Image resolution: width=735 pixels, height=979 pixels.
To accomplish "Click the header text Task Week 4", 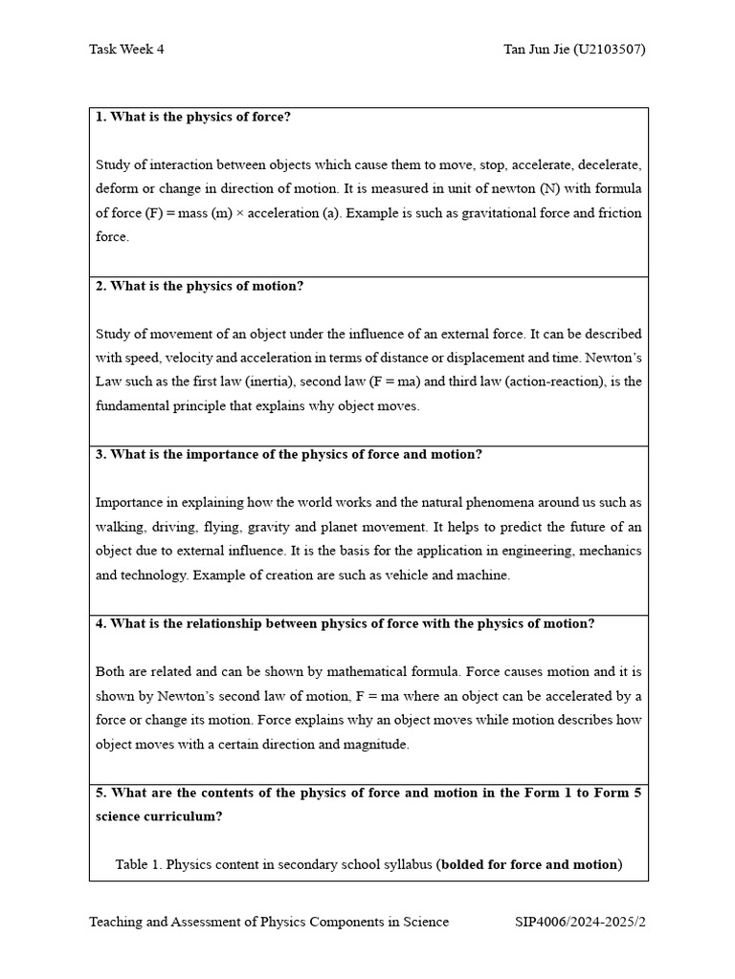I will [126, 50].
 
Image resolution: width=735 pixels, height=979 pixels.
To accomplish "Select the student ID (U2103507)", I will [609, 50].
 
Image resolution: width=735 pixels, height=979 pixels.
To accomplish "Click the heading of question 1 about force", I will [192, 117].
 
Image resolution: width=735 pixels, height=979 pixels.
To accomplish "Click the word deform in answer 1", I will [117, 188].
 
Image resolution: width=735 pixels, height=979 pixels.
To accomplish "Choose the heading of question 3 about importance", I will [288, 454].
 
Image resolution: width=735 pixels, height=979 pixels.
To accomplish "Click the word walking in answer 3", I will [119, 527].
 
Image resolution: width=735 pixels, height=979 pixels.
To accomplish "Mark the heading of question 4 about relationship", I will [345, 623].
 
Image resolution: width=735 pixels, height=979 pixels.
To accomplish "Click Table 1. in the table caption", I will [139, 864].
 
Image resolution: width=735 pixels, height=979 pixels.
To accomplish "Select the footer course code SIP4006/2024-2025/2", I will [580, 922].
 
